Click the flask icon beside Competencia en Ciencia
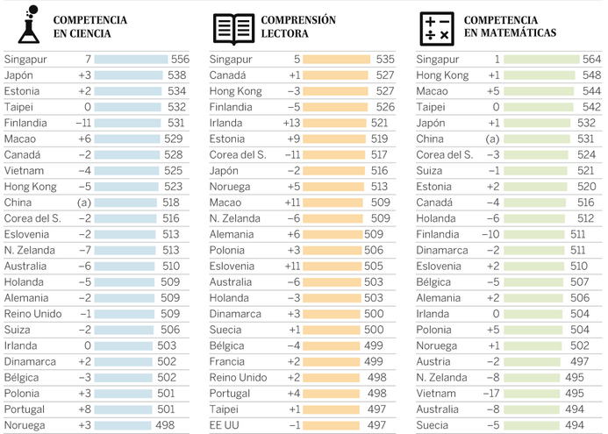tap(29, 25)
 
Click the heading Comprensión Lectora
tap(298, 27)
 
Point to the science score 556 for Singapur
tap(180, 60)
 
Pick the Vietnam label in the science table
tap(24, 170)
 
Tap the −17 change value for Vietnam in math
tap(490, 393)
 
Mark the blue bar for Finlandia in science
tap(128, 123)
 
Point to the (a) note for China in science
tap(85, 203)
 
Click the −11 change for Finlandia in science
tap(83, 123)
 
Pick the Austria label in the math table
tap(433, 361)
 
